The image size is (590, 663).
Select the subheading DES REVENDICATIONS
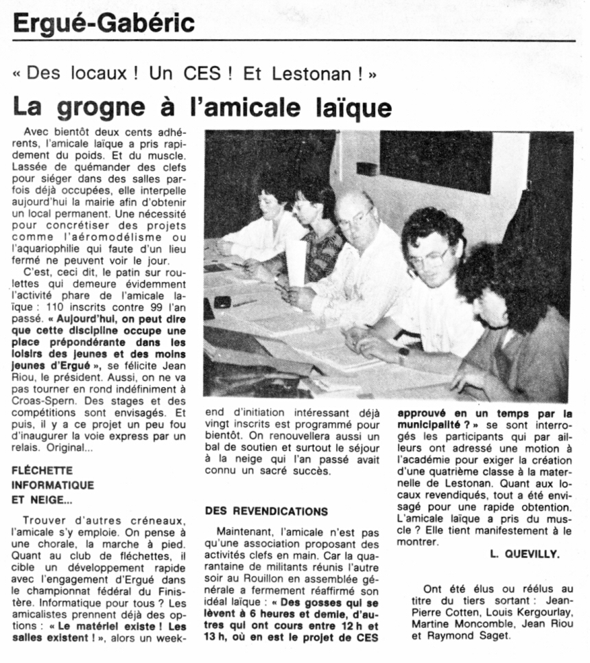point(266,512)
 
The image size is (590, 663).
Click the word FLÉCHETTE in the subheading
point(43,472)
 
